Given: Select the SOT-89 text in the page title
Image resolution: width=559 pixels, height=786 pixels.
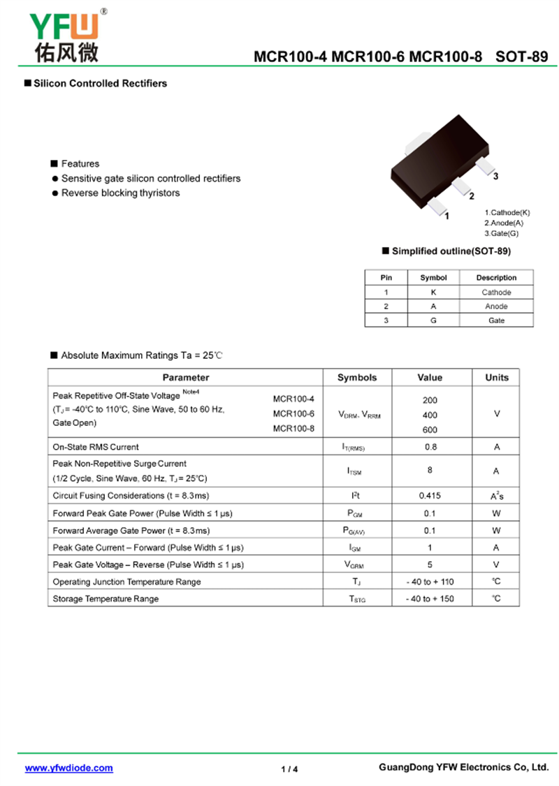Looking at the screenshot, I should (522, 57).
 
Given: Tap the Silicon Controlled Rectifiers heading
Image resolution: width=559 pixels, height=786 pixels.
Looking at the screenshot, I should (100, 84).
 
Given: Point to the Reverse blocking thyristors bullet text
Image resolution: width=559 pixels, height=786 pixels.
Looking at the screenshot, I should (120, 193).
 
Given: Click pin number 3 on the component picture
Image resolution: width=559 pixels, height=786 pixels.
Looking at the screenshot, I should (495, 177).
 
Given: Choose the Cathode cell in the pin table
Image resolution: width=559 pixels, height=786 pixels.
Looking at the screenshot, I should (496, 292).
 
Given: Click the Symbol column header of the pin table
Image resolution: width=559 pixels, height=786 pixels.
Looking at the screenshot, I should (433, 278).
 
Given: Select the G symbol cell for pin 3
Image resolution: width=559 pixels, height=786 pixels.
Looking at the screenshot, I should (433, 320).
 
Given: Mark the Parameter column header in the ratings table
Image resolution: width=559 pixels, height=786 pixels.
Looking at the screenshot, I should (186, 378).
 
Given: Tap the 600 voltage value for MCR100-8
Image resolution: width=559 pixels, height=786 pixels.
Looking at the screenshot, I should (430, 430).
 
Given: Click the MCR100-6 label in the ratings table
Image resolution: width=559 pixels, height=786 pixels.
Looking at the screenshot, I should (293, 414).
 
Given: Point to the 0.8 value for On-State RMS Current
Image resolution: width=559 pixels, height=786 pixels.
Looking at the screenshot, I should (430, 447).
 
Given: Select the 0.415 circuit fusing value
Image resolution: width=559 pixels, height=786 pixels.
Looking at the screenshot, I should (430, 496).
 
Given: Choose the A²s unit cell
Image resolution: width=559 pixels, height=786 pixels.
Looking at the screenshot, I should (497, 496).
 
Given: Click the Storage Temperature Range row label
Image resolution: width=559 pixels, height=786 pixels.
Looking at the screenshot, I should (106, 599).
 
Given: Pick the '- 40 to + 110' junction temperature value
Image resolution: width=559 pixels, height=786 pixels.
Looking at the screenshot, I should (430, 582).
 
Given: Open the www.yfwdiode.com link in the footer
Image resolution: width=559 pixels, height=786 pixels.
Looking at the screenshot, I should (68, 768).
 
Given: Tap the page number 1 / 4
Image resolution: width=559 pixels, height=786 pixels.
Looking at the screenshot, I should (289, 769).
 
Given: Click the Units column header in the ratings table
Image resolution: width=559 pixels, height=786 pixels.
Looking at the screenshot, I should (497, 378).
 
